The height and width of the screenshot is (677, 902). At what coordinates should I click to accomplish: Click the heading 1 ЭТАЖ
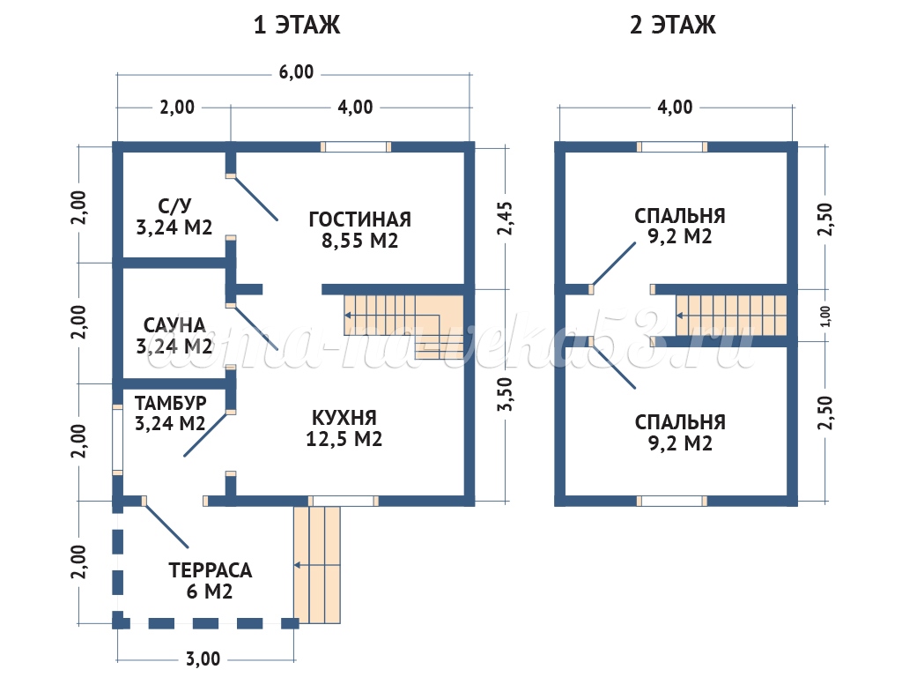(297, 26)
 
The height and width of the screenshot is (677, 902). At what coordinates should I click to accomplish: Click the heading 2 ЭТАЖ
(673, 26)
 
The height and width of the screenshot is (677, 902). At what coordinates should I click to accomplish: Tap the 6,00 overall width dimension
(297, 72)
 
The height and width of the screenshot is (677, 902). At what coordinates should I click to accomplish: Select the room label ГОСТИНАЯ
(360, 219)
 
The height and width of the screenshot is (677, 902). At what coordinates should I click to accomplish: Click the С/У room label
(174, 206)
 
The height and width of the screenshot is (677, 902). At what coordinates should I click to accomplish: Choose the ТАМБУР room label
(170, 403)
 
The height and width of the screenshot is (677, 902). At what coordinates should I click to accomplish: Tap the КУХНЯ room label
(344, 417)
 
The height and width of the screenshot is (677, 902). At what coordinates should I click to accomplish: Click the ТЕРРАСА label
(210, 569)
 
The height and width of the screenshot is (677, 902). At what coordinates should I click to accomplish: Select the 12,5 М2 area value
(344, 439)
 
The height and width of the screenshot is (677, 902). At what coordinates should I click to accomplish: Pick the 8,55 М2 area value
(360, 241)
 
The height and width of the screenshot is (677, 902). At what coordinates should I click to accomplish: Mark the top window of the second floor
(673, 147)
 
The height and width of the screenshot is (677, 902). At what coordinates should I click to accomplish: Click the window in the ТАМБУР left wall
(116, 439)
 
